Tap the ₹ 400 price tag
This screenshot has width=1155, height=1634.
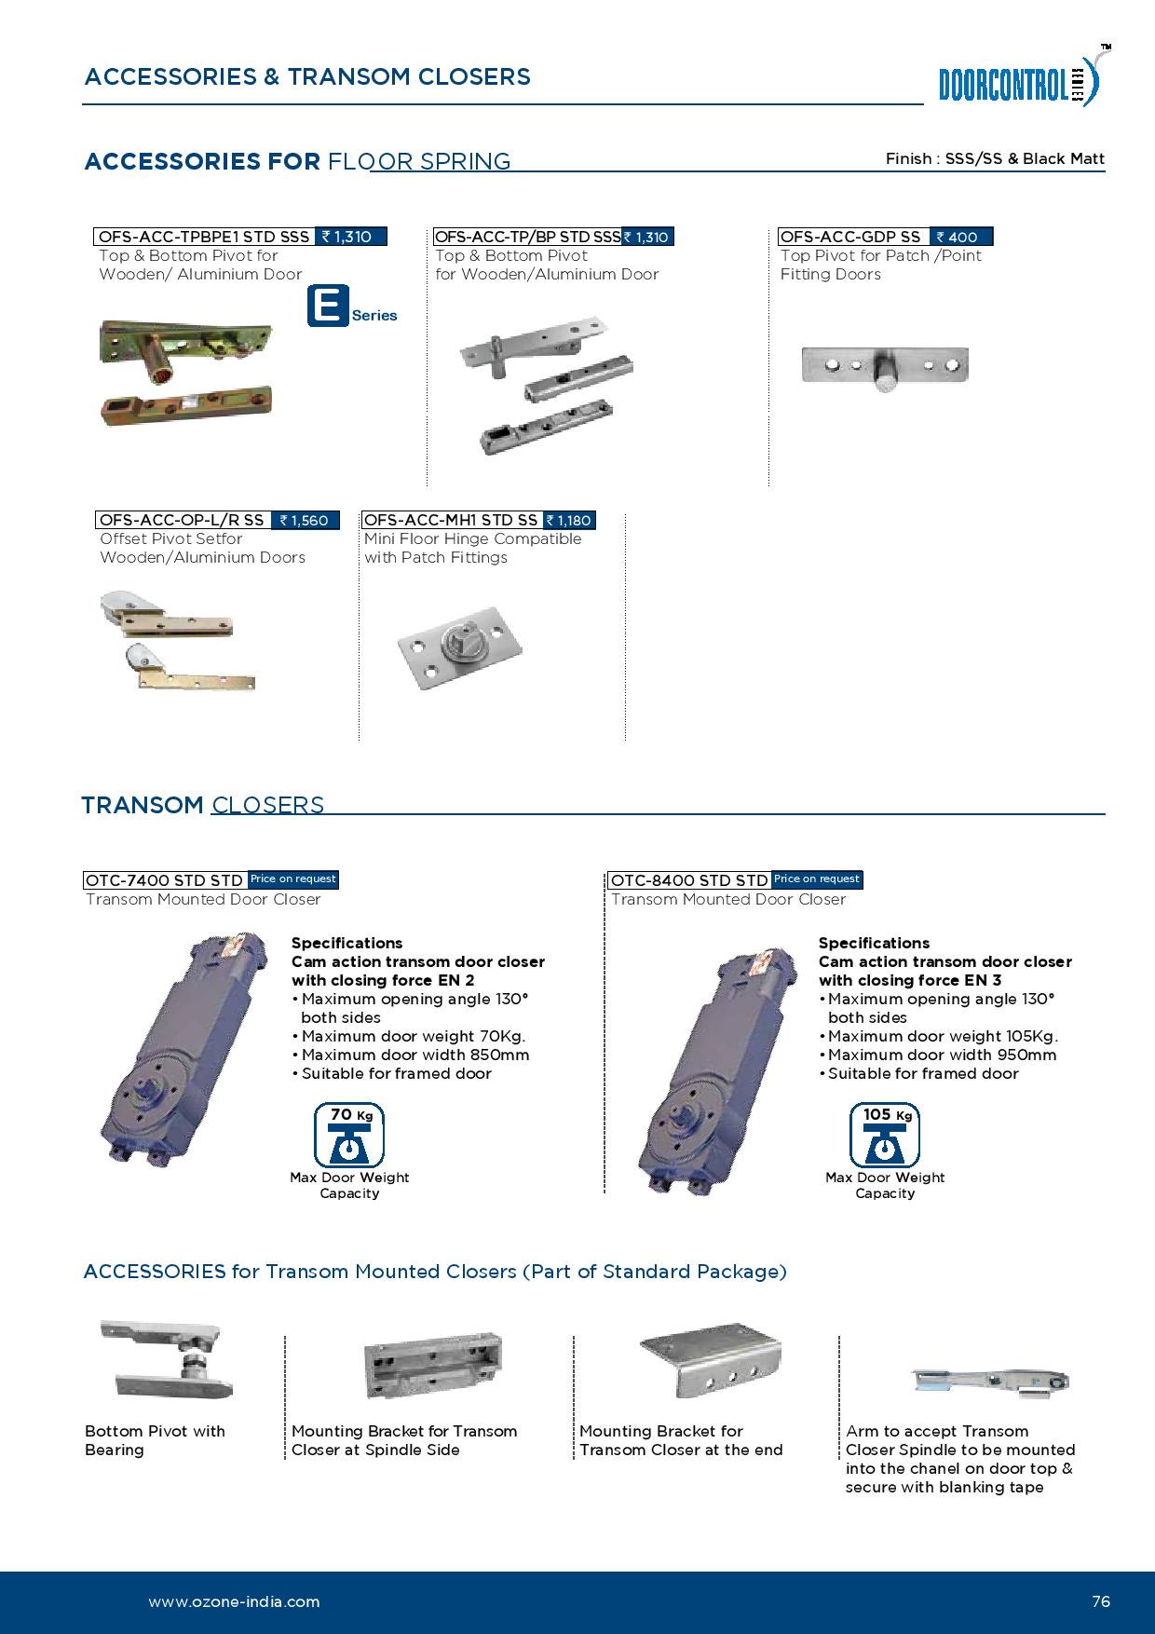pos(961,237)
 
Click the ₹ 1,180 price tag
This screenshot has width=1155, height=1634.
pos(569,520)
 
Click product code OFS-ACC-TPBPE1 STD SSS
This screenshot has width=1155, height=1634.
pos(205,237)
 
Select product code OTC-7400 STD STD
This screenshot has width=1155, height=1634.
pos(165,879)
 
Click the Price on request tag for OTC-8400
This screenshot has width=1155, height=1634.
pos(816,878)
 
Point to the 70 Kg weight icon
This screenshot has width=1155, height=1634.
pos(349,1135)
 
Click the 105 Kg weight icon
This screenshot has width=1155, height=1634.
pos(884,1135)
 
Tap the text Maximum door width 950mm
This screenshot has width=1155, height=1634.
pos(942,1055)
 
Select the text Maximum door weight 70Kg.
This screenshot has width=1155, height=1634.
pos(414,1036)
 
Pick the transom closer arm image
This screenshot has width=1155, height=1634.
pos(989,1382)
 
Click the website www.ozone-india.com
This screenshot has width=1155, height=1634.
pos(234,1601)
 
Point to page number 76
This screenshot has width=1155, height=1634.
pos(1100,1601)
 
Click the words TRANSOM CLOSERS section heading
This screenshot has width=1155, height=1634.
pos(203,805)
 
